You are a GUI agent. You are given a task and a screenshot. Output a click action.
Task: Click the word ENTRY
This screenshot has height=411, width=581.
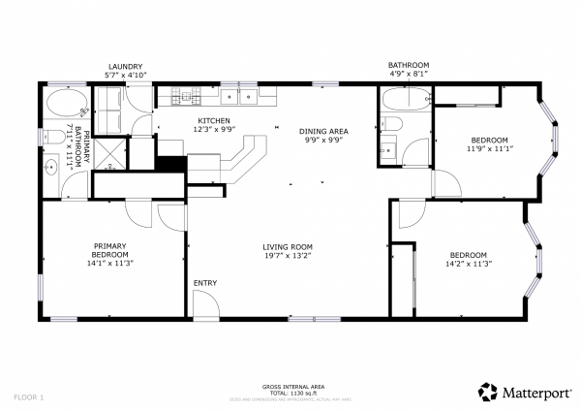[x=204, y=283]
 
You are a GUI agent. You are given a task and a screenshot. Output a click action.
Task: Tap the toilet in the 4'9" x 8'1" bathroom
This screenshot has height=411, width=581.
[x=391, y=123]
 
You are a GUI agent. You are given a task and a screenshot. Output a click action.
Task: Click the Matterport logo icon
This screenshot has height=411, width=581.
[x=488, y=391]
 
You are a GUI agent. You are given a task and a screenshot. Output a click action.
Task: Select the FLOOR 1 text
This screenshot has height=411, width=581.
[x=29, y=397]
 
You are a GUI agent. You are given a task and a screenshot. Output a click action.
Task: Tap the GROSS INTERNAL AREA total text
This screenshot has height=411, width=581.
[x=290, y=391]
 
